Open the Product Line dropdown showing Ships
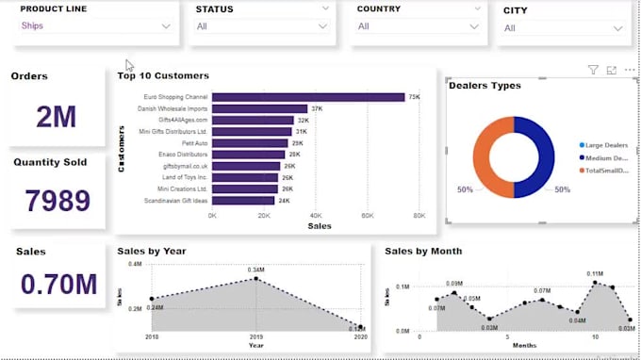click(94, 26)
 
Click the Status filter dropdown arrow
click(326, 8)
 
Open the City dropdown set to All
click(564, 28)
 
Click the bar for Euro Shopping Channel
click(307, 97)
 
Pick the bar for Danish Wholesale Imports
click(259, 109)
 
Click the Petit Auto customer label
click(194, 143)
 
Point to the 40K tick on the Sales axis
click(316, 216)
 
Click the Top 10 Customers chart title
click(163, 75)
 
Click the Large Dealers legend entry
click(605, 145)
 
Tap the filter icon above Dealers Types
click(593, 70)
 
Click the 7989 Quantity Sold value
click(58, 201)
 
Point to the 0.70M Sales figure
click(58, 284)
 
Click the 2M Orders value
click(57, 117)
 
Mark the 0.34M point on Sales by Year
click(255, 278)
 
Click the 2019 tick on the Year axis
click(255, 336)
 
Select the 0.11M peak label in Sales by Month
click(595, 273)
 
